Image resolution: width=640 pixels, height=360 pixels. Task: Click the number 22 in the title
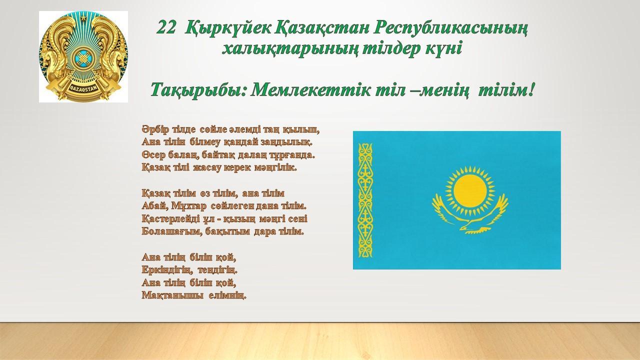tap(166, 28)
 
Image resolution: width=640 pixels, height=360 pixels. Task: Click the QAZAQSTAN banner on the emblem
tap(83, 85)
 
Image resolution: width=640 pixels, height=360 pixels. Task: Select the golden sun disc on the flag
tap(470, 191)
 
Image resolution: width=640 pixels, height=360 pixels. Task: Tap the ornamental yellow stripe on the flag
tap(365, 200)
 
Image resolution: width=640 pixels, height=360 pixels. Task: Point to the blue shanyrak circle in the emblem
tap(83, 57)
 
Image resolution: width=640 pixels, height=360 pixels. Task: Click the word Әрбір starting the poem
tap(155, 129)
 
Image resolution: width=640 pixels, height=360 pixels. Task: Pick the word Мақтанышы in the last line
tap(172, 295)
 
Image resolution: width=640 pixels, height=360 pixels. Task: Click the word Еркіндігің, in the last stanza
tap(166, 269)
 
